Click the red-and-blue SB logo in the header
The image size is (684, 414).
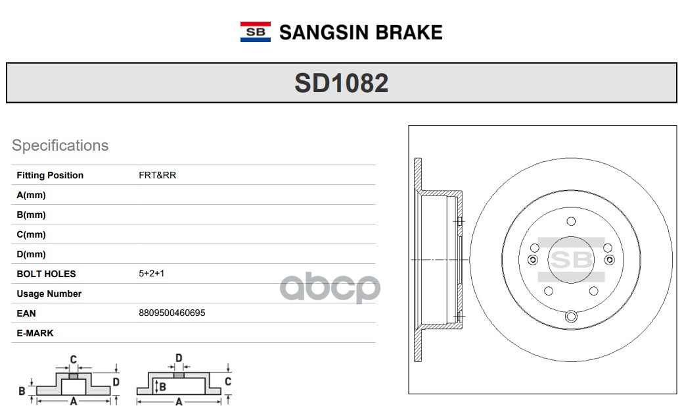(x=255, y=32)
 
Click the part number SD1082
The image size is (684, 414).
(x=341, y=83)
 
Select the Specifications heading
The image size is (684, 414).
(x=60, y=145)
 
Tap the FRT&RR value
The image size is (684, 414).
(x=157, y=175)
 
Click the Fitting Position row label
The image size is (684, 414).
(x=50, y=175)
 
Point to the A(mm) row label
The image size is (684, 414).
(x=31, y=195)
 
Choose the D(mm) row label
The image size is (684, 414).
(x=31, y=254)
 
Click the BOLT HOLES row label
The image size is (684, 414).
(x=46, y=274)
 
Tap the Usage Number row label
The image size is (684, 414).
(x=49, y=294)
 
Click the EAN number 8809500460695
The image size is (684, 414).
(x=171, y=313)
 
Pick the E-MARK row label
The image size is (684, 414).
(x=35, y=333)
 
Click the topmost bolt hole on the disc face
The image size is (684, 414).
(x=570, y=221)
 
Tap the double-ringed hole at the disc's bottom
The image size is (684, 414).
(x=570, y=317)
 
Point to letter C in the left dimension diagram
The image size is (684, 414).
(x=74, y=359)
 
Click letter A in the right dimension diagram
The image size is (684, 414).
(x=178, y=401)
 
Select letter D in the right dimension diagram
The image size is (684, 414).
(x=178, y=358)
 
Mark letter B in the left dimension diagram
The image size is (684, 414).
(x=22, y=391)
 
